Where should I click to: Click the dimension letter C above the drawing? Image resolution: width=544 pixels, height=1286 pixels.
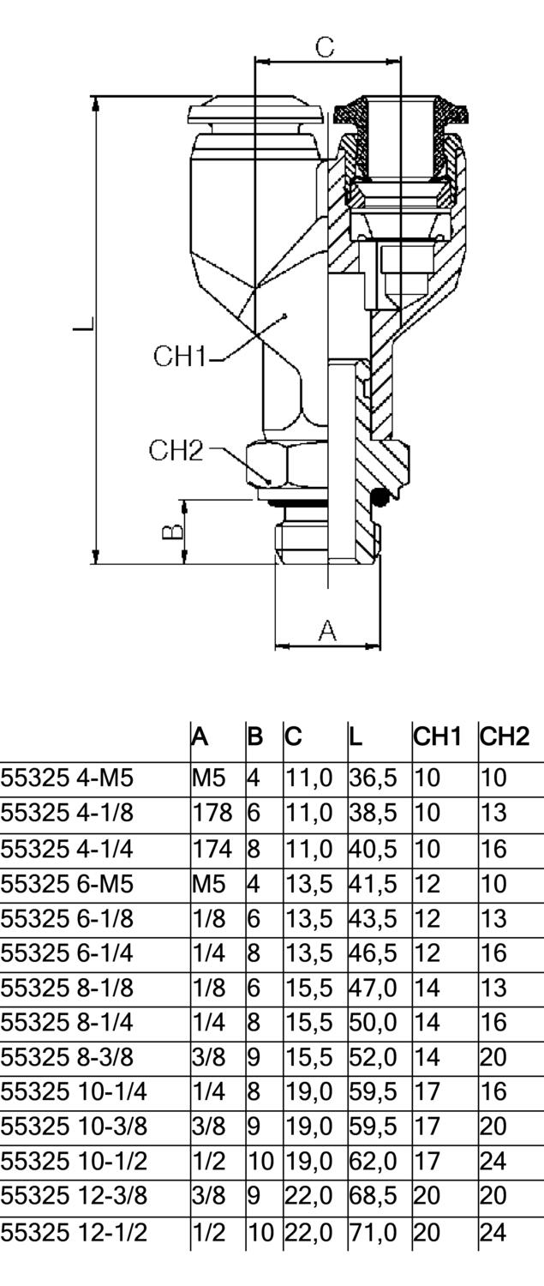pyautogui.click(x=325, y=46)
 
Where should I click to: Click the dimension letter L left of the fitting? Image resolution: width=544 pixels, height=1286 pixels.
pyautogui.click(x=82, y=327)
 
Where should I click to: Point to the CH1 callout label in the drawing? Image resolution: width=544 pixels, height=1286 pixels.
pyautogui.click(x=180, y=355)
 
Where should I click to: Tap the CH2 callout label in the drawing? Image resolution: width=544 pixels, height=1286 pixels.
pyautogui.click(x=176, y=449)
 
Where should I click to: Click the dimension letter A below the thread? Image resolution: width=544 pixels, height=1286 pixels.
pyautogui.click(x=327, y=631)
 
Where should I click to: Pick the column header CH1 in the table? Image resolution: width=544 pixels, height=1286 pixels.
pyautogui.click(x=438, y=736)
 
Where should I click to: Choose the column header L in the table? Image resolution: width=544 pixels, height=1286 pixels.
pyautogui.click(x=356, y=736)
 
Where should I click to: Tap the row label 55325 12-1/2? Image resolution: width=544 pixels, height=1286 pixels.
pyautogui.click(x=74, y=1233)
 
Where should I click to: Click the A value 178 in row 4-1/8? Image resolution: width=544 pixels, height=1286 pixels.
pyautogui.click(x=207, y=813)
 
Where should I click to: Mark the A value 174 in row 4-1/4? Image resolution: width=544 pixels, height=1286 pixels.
pyautogui.click(x=207, y=849)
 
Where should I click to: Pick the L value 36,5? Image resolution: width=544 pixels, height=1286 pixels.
pyautogui.click(x=373, y=778)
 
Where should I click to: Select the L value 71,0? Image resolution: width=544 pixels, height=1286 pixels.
pyautogui.click(x=373, y=1233)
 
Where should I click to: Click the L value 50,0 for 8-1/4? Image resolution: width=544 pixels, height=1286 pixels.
pyautogui.click(x=373, y=1022)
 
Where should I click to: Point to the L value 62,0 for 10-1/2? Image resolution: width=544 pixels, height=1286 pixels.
pyautogui.click(x=373, y=1162)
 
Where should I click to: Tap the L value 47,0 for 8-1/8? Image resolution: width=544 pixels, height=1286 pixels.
pyautogui.click(x=373, y=988)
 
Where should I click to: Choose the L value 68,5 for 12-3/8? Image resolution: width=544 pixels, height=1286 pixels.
pyautogui.click(x=373, y=1196)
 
